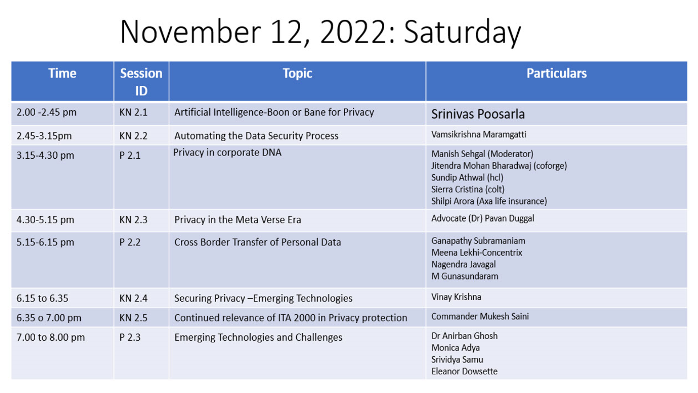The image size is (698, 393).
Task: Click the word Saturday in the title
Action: (x=462, y=33)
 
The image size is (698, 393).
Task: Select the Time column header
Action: (x=62, y=74)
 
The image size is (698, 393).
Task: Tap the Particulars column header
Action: (x=557, y=74)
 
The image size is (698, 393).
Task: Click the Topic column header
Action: (x=297, y=74)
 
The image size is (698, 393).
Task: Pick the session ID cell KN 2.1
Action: (x=133, y=112)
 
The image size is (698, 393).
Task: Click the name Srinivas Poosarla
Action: (x=478, y=114)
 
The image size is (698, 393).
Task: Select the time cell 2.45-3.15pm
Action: (x=44, y=136)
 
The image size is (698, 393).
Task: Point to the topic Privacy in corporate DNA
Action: (x=227, y=153)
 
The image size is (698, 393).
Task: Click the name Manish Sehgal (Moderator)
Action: (x=482, y=154)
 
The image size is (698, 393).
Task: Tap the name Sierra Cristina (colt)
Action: (x=468, y=190)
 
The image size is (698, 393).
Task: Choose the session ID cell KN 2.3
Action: (x=133, y=220)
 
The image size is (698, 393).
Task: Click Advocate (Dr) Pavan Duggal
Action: (x=482, y=219)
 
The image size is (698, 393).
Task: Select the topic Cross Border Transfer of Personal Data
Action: (x=257, y=242)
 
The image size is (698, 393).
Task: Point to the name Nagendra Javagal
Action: (x=463, y=265)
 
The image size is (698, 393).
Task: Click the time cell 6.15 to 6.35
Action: (x=42, y=298)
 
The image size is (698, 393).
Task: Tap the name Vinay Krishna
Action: (x=456, y=297)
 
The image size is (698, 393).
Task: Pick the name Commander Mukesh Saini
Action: (x=480, y=317)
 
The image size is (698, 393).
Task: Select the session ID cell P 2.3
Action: (x=130, y=337)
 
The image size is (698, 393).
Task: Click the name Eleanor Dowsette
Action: (x=464, y=372)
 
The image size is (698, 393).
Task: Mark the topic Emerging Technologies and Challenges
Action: (x=258, y=338)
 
